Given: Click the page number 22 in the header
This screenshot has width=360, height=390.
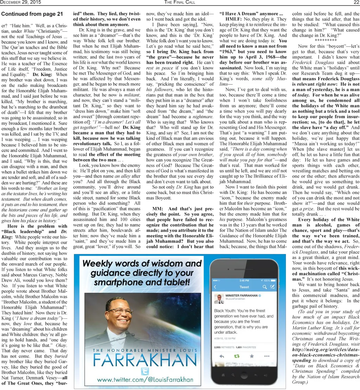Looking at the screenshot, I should pyautogui.click(x=356, y=2).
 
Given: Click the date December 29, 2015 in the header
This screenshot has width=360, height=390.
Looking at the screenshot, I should pyautogui.click(x=21, y=2).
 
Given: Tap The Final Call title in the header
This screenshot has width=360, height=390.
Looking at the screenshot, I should pyautogui.click(x=179, y=2).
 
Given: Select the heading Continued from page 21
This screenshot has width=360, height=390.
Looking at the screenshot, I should pyautogui.click(x=32, y=14).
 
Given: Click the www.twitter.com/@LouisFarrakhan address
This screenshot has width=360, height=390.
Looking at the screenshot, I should pyautogui.click(x=144, y=380).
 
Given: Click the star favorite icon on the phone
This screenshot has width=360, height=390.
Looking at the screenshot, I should pyautogui.click(x=252, y=356).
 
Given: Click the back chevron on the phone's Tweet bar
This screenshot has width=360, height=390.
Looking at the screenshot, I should pyautogui.click(x=215, y=287).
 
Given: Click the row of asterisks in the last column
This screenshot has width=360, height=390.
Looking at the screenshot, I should pyautogui.click(x=326, y=40).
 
